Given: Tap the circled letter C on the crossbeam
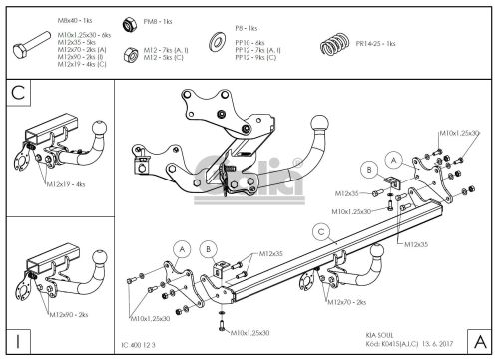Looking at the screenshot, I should [x=320, y=231].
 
